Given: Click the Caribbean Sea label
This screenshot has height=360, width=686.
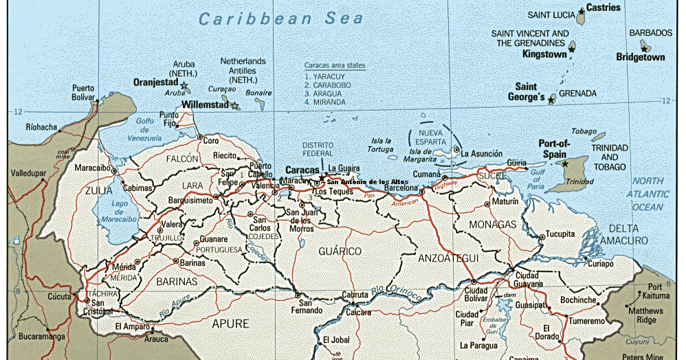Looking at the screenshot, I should [x=280, y=19].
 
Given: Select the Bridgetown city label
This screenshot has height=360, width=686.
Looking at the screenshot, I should [x=640, y=58].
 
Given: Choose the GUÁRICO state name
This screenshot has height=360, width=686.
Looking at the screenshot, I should [x=340, y=251].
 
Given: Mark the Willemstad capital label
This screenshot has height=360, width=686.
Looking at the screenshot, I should [x=204, y=106].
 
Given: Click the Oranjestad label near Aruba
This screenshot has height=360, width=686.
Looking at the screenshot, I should [x=155, y=82].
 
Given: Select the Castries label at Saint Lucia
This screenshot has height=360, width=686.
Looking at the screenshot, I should [x=603, y=8].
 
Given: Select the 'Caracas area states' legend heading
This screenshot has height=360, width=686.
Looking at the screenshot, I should [x=335, y=65].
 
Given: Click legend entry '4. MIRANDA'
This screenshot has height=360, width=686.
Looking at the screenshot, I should [x=326, y=102].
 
